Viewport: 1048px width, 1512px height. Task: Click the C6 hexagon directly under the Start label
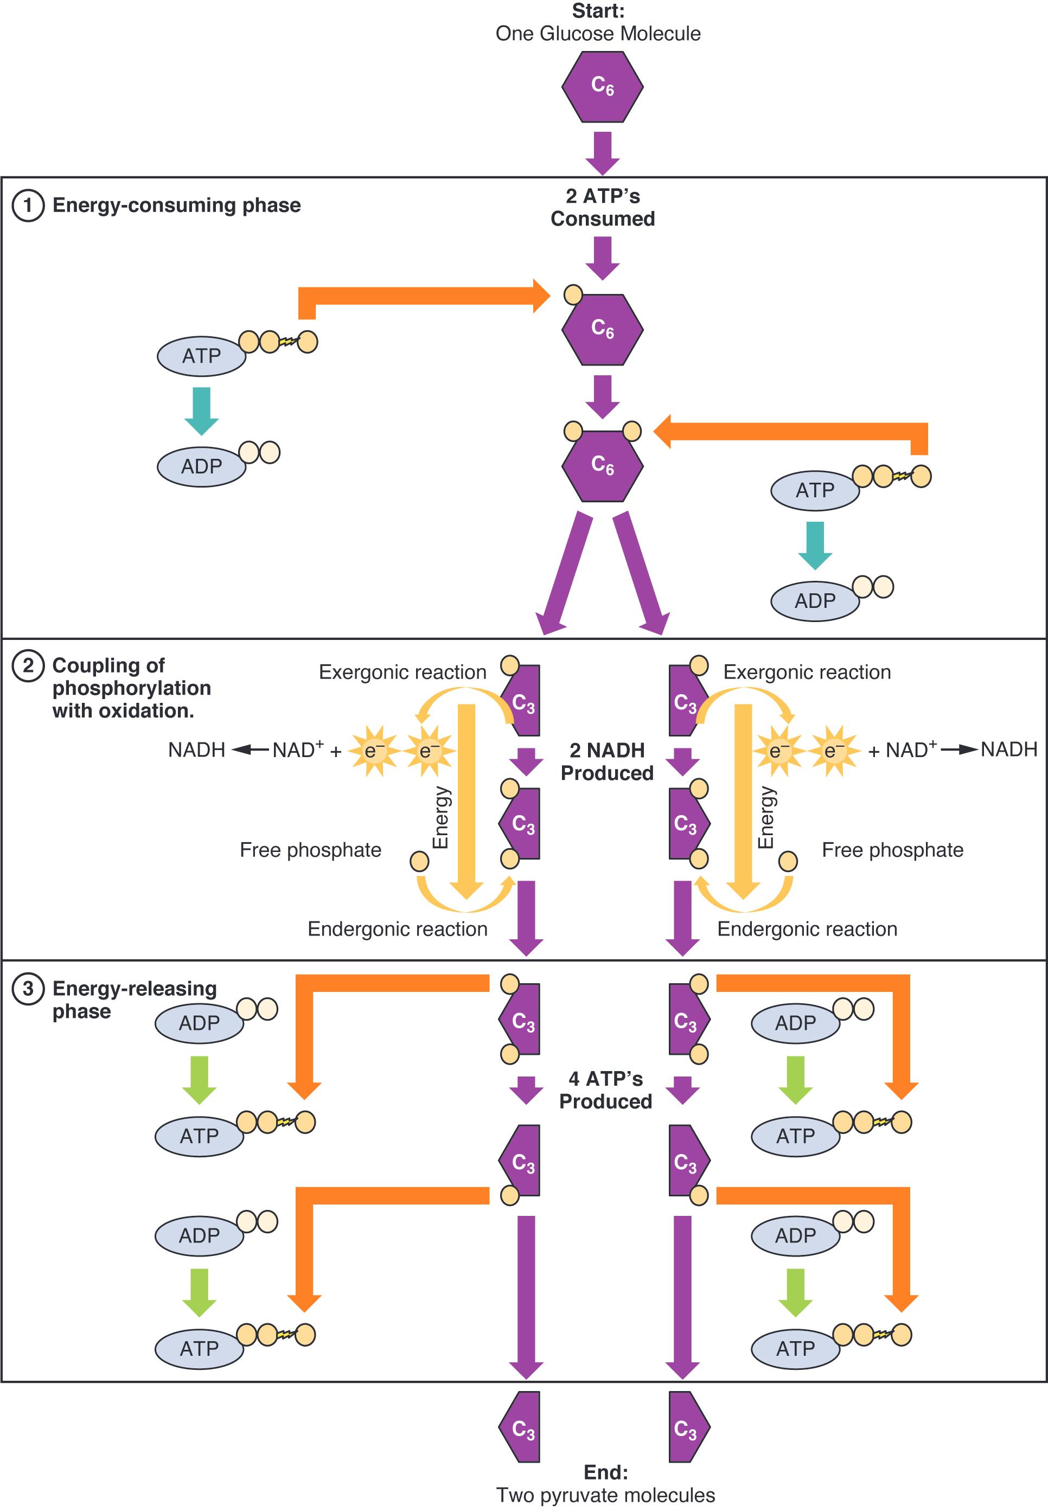tap(602, 87)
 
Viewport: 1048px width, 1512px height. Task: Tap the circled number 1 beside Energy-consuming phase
tap(28, 206)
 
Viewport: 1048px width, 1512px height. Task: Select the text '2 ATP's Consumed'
tap(602, 208)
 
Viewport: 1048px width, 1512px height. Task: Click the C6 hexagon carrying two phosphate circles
tap(602, 465)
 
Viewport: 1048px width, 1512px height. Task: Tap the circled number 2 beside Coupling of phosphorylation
tap(28, 666)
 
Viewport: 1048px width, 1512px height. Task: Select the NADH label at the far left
tap(196, 749)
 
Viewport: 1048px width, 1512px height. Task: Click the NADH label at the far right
tap(1008, 749)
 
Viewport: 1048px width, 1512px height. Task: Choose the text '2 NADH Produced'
tap(607, 761)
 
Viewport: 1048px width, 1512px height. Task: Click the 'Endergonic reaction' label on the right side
tap(807, 929)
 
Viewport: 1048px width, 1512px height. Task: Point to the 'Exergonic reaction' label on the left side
tap(402, 672)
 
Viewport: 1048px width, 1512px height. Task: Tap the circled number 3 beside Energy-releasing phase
tap(28, 989)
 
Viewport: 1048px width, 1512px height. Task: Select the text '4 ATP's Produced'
tap(605, 1090)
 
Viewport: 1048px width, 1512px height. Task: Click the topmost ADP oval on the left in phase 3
tap(200, 1023)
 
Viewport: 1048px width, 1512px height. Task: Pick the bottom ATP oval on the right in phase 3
tap(795, 1349)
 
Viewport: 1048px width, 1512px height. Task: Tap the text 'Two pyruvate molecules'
tap(605, 1495)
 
